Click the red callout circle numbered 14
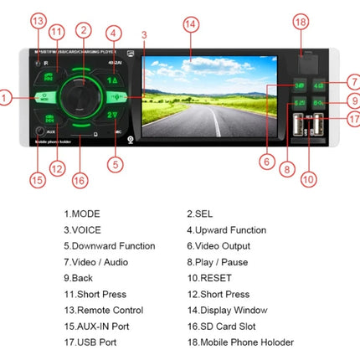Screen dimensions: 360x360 pyautogui.click(x=192, y=24)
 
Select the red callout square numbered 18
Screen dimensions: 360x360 pyautogui.click(x=301, y=23)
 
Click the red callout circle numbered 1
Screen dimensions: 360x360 pyautogui.click(x=6, y=98)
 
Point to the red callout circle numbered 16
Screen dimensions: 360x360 pyautogui.click(x=80, y=180)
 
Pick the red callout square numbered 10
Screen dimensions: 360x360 pyautogui.click(x=309, y=179)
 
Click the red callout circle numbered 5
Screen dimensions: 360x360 pyautogui.click(x=116, y=164)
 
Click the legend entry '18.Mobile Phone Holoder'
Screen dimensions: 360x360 pyautogui.click(x=239, y=342)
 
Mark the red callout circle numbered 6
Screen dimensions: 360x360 pyautogui.click(x=267, y=162)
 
